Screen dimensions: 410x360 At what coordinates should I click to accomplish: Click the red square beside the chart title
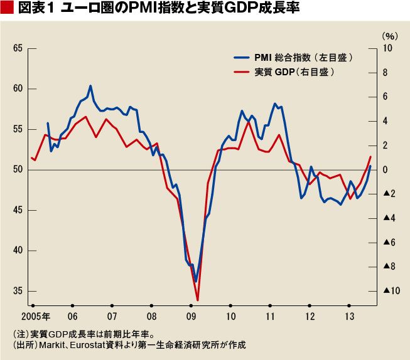click(7, 8)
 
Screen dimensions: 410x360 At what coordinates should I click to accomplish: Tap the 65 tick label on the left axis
click(18, 48)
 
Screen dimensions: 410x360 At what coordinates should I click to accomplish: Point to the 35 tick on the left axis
click(18, 291)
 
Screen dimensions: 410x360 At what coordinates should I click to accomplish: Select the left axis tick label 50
click(18, 170)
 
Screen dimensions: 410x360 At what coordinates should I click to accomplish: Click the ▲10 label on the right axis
click(391, 291)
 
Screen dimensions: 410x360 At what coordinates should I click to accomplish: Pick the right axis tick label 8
click(385, 73)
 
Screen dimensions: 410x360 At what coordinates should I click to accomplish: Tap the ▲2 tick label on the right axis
click(389, 194)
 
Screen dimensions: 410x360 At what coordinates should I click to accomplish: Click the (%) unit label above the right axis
click(390, 36)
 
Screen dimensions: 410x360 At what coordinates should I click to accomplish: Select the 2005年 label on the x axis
click(36, 317)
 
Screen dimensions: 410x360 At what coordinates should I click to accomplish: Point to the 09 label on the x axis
click(191, 317)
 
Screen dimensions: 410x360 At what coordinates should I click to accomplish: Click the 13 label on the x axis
click(349, 317)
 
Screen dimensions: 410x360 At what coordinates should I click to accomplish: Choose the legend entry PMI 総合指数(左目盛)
click(293, 58)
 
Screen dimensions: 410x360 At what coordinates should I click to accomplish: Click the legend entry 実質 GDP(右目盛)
click(284, 72)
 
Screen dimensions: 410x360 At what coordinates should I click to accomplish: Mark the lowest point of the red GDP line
click(197, 300)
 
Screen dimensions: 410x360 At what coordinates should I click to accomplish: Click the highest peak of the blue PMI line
click(90, 85)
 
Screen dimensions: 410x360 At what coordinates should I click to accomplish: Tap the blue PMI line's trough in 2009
click(196, 281)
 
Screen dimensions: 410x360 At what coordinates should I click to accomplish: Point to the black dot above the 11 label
click(270, 305)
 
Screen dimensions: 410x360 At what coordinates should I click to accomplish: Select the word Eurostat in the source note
click(88, 345)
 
